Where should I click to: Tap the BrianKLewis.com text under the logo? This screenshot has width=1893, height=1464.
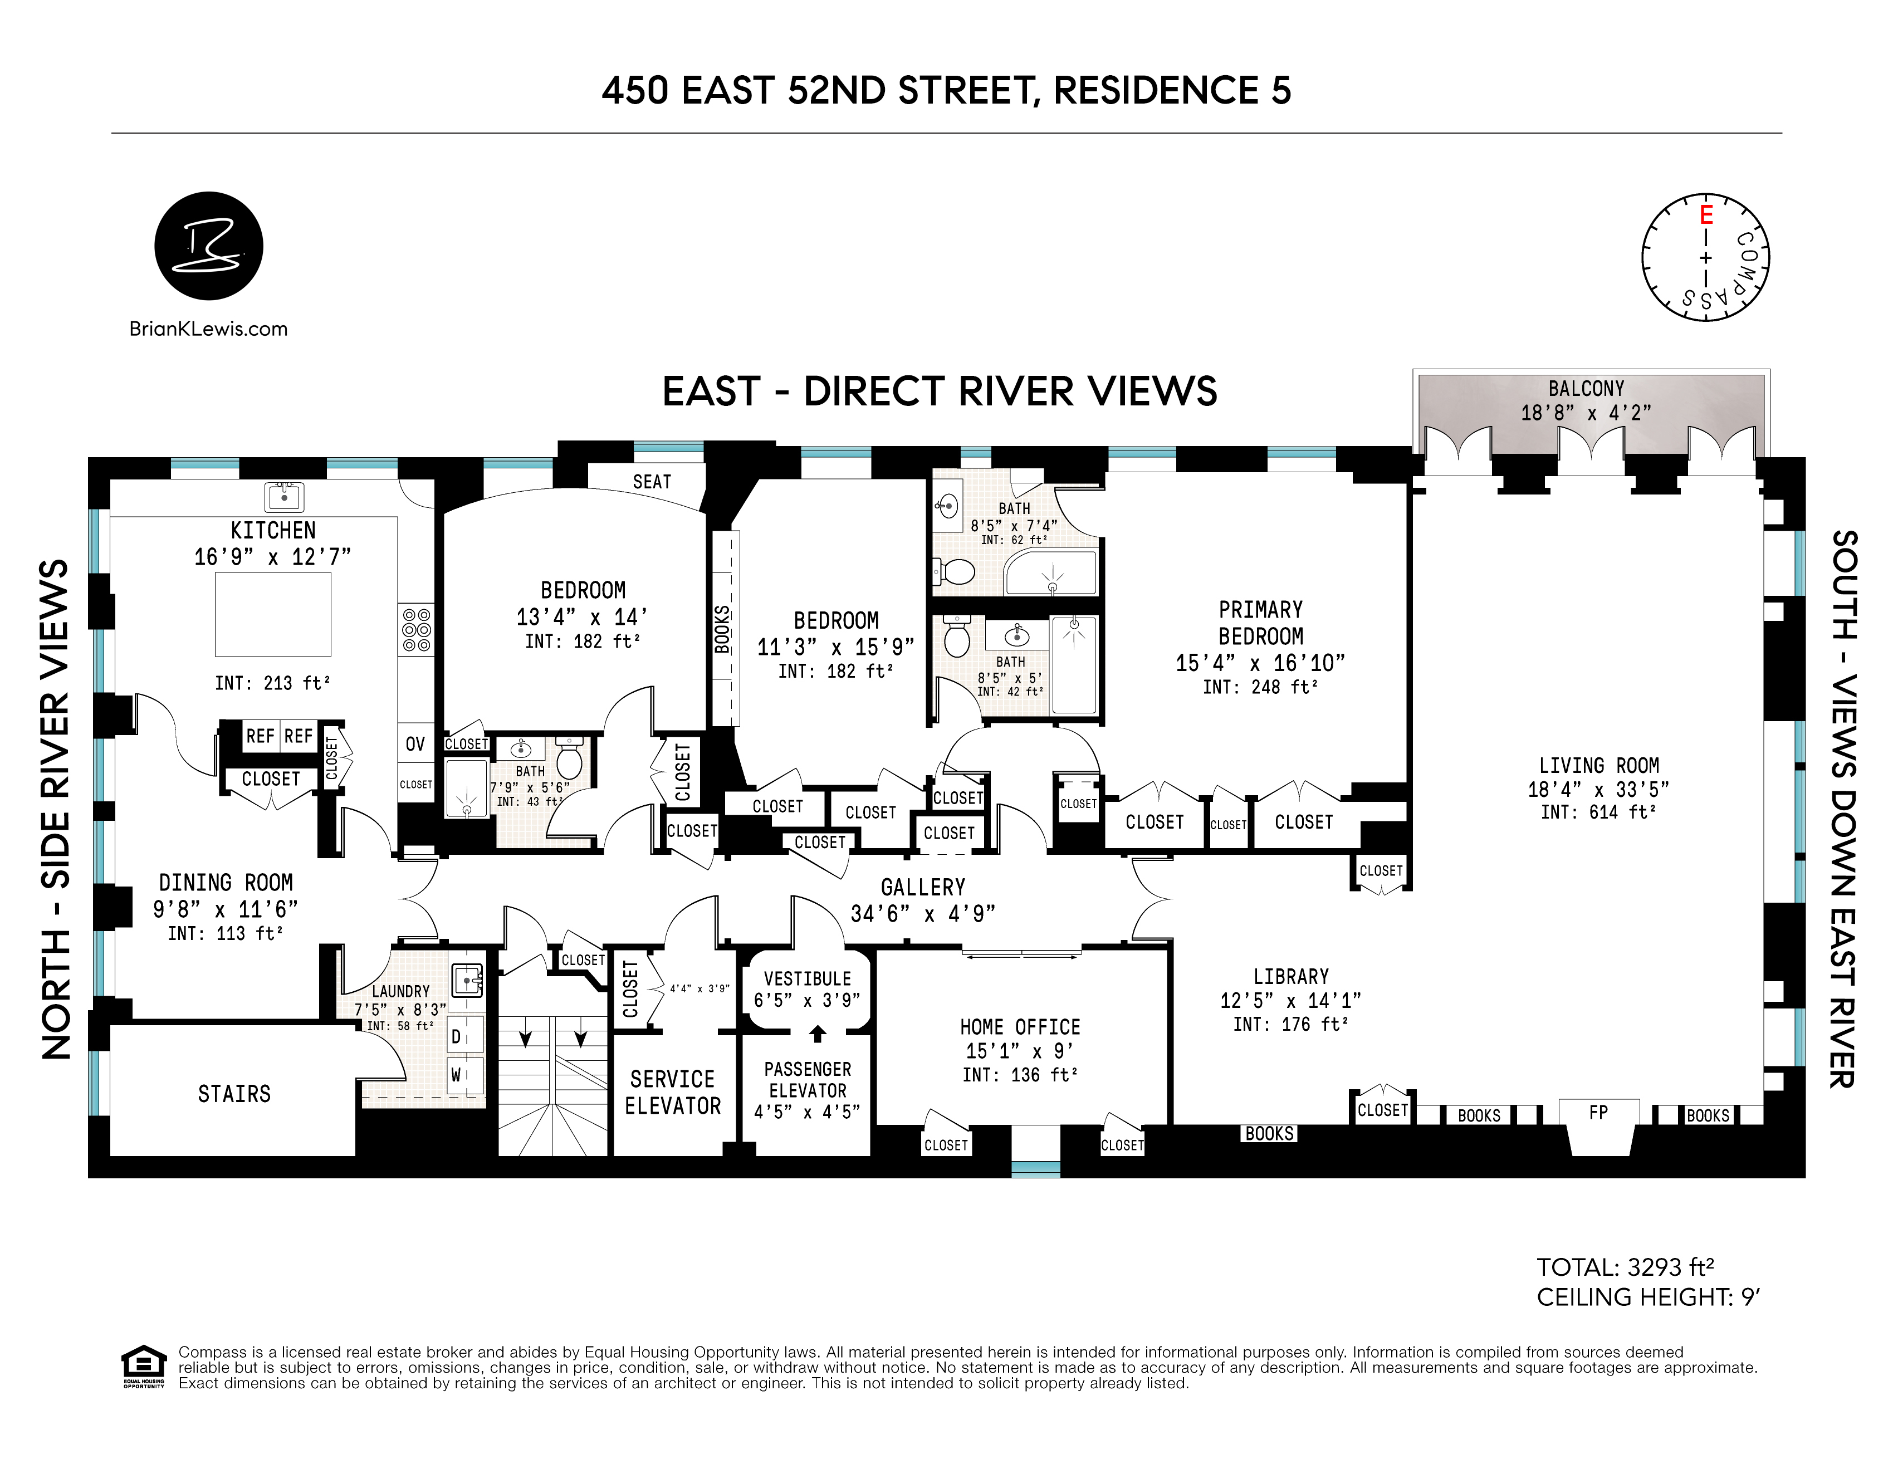pyautogui.click(x=208, y=329)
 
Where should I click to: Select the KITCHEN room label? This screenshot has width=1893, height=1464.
pyautogui.click(x=273, y=530)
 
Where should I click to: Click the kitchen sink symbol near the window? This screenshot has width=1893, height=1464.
pyautogui.click(x=283, y=497)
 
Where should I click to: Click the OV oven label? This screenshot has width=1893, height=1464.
pyautogui.click(x=415, y=744)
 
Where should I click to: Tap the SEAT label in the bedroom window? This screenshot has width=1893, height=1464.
pyautogui.click(x=652, y=482)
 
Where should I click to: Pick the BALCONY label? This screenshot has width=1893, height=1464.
pyautogui.click(x=1586, y=388)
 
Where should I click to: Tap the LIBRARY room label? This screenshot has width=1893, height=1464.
pyautogui.click(x=1290, y=977)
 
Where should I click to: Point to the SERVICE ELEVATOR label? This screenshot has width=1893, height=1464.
pyautogui.click(x=673, y=1092)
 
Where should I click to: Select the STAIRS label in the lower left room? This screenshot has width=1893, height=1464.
pyautogui.click(x=234, y=1094)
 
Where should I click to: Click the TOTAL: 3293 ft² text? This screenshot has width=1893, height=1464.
pyautogui.click(x=1625, y=1267)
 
